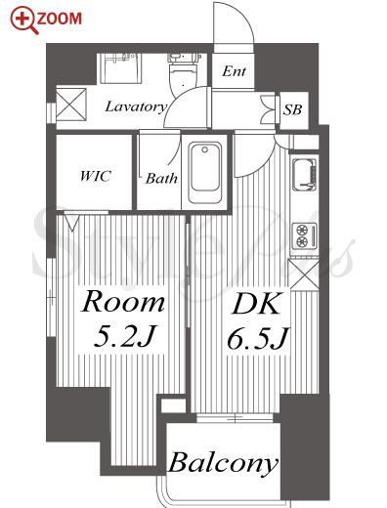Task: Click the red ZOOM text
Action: [x=59, y=19]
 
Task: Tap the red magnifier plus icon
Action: [x=23, y=21]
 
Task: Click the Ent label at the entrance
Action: [x=234, y=71]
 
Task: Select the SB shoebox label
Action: [x=292, y=109]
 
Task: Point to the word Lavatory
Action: [x=136, y=106]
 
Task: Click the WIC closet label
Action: [x=95, y=176]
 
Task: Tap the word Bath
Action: [x=161, y=178]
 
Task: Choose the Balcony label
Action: [x=224, y=463]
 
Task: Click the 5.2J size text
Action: [x=125, y=336]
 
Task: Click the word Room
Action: [x=123, y=302]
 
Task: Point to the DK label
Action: [x=256, y=303]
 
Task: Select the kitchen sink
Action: [x=304, y=174]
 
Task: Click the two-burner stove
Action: [x=304, y=234]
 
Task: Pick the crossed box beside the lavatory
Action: [x=71, y=105]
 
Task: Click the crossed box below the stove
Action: [x=304, y=275]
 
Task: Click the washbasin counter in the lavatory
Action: [x=121, y=68]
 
